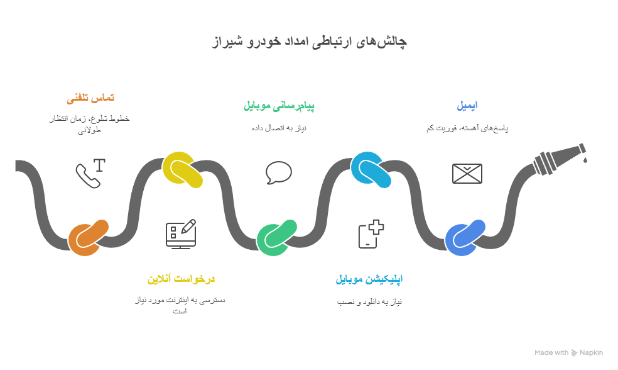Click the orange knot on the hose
pos(88,237)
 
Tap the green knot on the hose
pos(276,238)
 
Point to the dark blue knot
pos(465,238)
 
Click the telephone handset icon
pos(89,175)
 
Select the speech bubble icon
pos(278,173)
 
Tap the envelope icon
pos(467,174)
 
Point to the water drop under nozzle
pos(585,160)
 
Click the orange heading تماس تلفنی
pos(90,98)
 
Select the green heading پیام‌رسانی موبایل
pos(279,106)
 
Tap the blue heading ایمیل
pos(467,106)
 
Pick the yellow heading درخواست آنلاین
pos(181,279)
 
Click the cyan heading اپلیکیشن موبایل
pos(369,279)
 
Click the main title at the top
pos(309,42)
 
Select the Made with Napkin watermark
pos(568,353)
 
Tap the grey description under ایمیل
pos(467,128)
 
